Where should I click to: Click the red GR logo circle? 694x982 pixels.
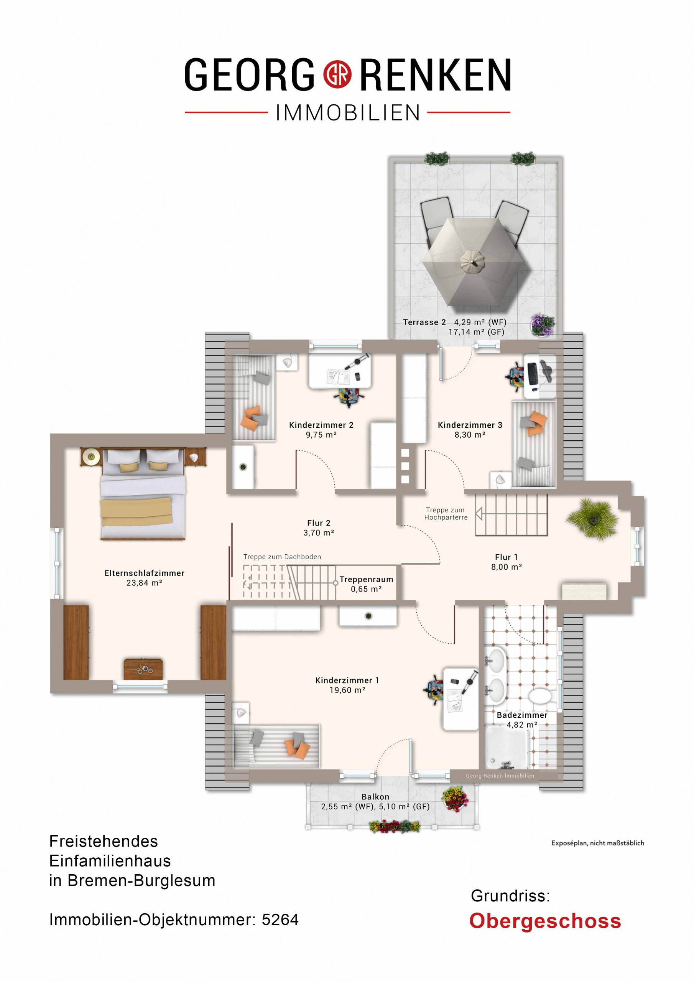337,74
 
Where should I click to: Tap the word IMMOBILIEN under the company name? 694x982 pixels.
348,113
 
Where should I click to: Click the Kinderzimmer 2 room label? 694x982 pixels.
321,425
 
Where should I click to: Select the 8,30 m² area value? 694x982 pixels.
470,435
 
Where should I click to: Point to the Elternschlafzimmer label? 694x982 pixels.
144,573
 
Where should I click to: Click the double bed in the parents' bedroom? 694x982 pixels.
143,494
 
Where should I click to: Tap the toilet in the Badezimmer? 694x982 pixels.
539,695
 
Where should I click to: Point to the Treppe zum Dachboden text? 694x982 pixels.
282,557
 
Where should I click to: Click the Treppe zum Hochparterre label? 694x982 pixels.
446,513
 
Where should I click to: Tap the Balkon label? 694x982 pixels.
375,796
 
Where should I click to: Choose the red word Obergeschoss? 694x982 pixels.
545,921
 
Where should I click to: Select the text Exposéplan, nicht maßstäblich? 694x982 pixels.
597,852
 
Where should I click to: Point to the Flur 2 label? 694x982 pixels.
319,523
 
